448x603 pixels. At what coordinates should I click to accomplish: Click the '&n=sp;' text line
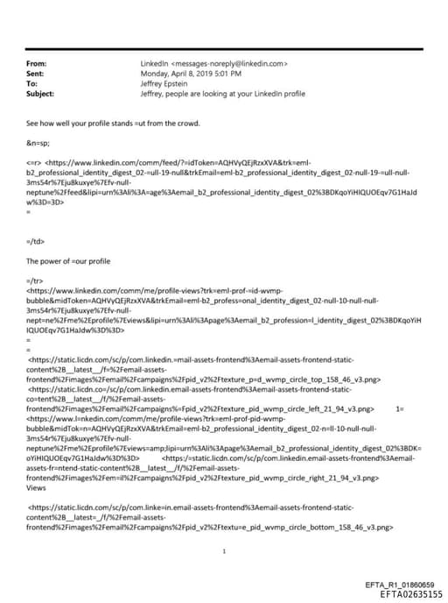pos(38,141)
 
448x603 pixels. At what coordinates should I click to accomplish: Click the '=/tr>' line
pos(34,279)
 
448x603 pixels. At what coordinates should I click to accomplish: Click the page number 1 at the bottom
pos(225,551)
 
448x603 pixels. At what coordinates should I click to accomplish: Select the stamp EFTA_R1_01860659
pos(399,585)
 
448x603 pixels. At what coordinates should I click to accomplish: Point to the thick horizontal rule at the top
pos(224,49)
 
